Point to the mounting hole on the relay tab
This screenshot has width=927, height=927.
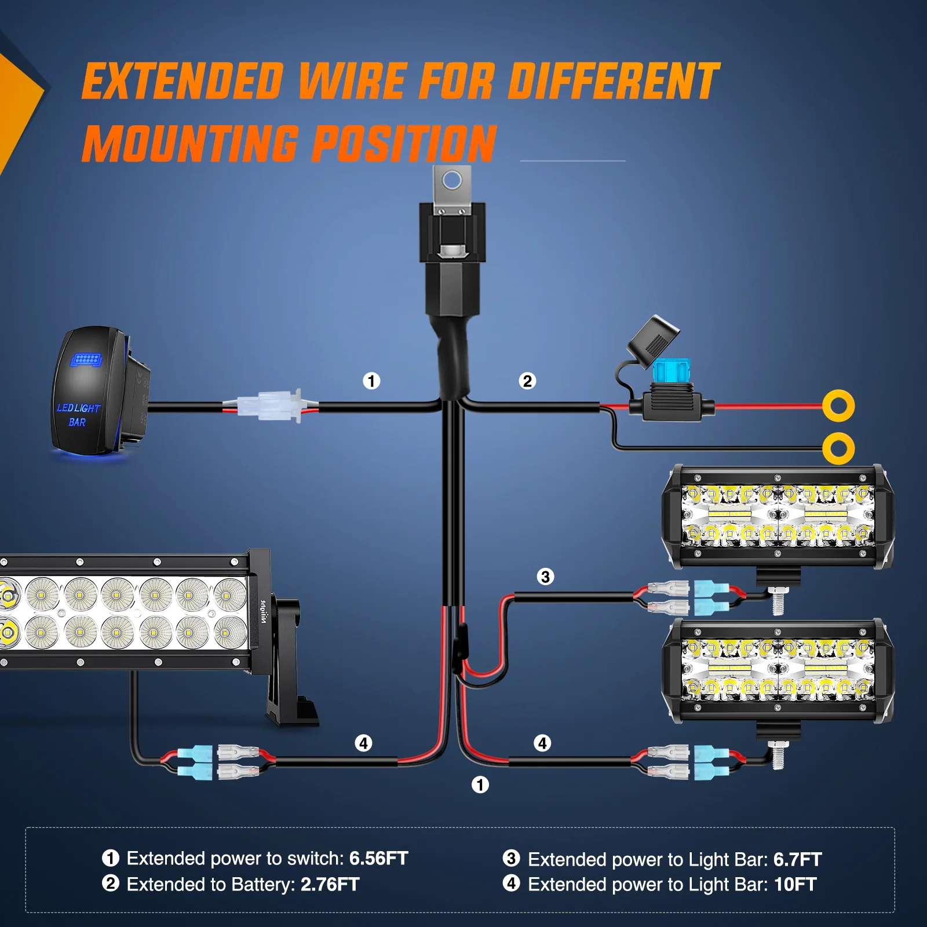452,181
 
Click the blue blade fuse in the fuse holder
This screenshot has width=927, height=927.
671,371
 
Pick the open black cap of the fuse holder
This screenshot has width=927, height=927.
654,342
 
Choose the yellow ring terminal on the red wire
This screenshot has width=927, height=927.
838,406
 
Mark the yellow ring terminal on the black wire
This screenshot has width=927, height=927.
838,448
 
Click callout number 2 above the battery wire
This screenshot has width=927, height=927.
527,381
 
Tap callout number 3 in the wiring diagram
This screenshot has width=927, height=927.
545,576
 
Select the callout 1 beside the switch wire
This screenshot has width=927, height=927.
371,381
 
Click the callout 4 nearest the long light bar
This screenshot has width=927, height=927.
363,743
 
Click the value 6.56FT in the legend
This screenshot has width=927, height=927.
378,858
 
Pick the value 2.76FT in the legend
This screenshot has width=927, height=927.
330,884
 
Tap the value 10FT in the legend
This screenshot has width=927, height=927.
795,884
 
